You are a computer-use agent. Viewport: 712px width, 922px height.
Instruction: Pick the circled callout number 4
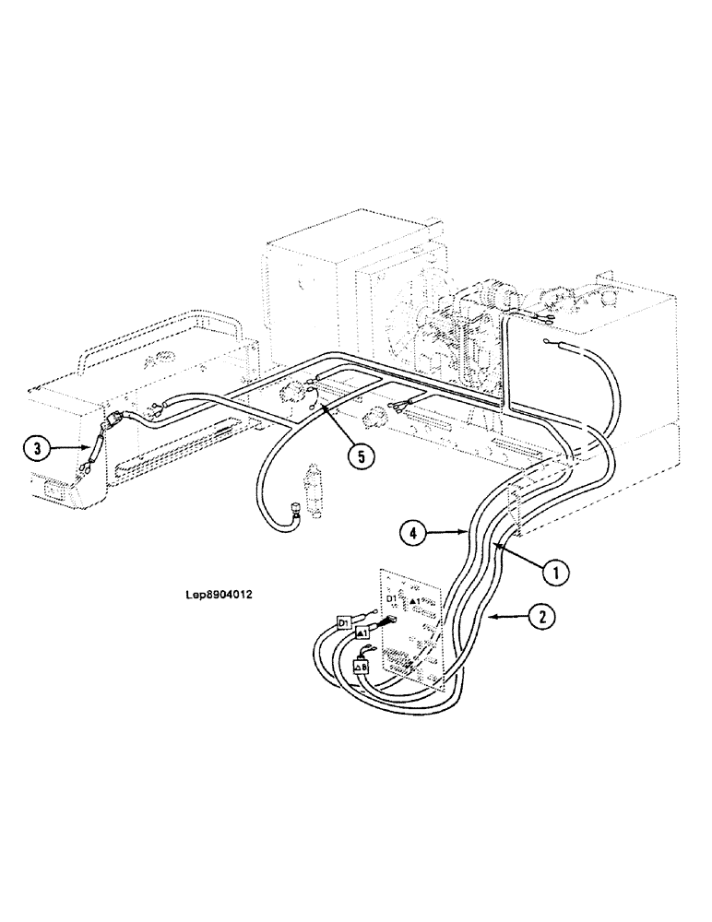click(x=412, y=531)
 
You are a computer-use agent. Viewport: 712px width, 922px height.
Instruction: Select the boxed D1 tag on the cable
click(x=345, y=622)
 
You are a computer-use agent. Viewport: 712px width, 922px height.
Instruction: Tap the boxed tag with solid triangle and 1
click(x=362, y=634)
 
